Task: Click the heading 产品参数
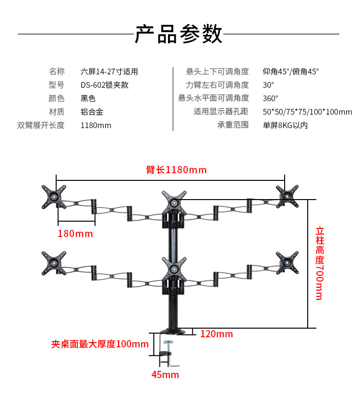click(179, 34)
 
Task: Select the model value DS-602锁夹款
click(105, 85)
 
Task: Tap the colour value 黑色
click(88, 98)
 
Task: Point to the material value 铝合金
click(92, 112)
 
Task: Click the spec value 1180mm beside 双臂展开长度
click(96, 125)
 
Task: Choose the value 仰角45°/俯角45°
click(291, 71)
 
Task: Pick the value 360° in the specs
click(271, 98)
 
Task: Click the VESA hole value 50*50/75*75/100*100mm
click(307, 112)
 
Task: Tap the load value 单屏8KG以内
click(285, 125)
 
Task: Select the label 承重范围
click(233, 125)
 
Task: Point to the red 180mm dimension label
click(75, 234)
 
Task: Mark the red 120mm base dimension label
click(216, 334)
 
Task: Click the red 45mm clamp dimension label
click(165, 375)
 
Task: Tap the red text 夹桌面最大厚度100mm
click(100, 344)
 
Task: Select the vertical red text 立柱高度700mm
click(319, 263)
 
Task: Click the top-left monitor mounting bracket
click(54, 197)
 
